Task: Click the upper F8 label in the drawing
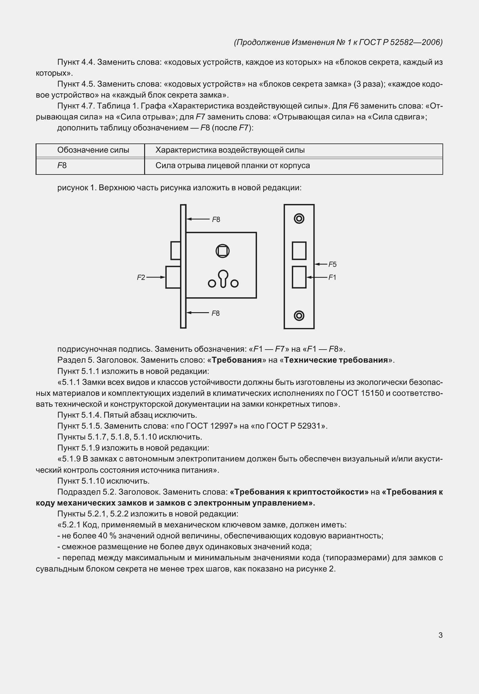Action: pyautogui.click(x=216, y=219)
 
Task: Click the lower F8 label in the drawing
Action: pyautogui.click(x=216, y=313)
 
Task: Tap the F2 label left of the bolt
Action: pyautogui.click(x=141, y=277)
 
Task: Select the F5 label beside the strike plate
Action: pyautogui.click(x=332, y=264)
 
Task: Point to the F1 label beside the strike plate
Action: pyautogui.click(x=332, y=277)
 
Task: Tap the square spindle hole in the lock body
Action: pyautogui.click(x=223, y=251)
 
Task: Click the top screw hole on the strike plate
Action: pyautogui.click(x=299, y=219)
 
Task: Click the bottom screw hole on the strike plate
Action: pyautogui.click(x=299, y=316)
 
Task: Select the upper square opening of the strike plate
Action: pyautogui.click(x=299, y=250)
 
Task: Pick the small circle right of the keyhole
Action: pyautogui.click(x=234, y=284)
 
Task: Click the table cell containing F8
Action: pyautogui.click(x=90, y=166)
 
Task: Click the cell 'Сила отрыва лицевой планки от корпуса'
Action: pyautogui.click(x=233, y=166)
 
